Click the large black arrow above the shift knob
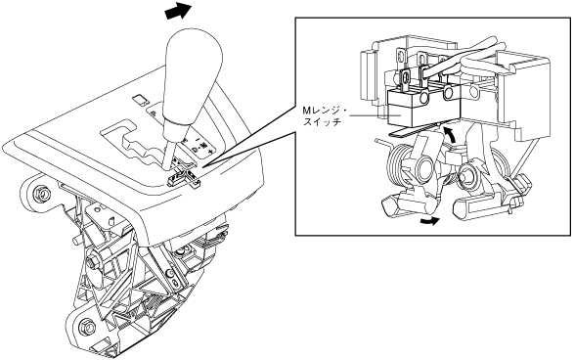tap(178, 11)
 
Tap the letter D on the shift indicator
tap(196, 150)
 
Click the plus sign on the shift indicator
tap(210, 151)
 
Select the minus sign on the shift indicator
tap(198, 139)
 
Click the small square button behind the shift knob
tap(140, 100)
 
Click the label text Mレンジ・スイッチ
tap(325, 115)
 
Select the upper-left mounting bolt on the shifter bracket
tap(40, 193)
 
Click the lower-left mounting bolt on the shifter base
tap(86, 324)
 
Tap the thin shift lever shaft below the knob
tap(168, 154)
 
